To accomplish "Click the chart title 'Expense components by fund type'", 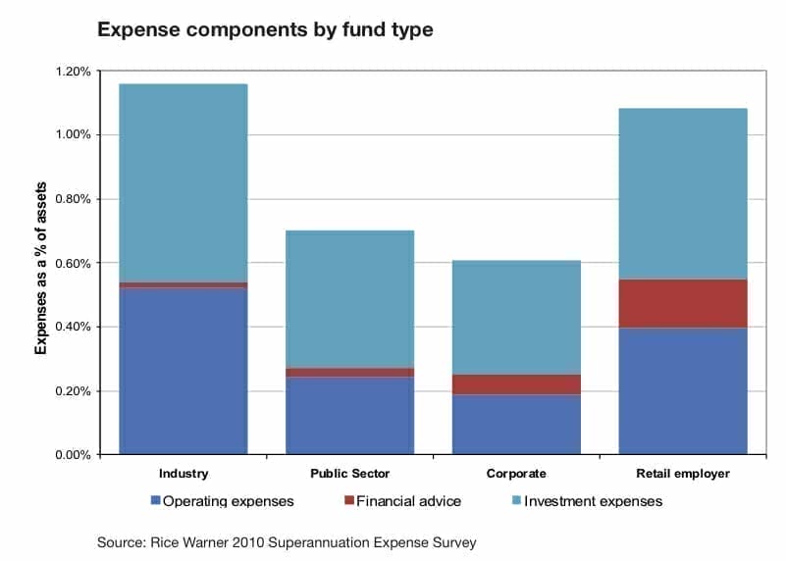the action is click(x=265, y=29).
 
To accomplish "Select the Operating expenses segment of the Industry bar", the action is click(x=183, y=371).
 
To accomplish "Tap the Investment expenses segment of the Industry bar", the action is click(x=183, y=182).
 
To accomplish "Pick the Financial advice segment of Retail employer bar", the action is click(x=683, y=303).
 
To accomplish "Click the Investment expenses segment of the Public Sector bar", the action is click(x=350, y=299).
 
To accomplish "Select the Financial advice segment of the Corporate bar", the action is click(x=516, y=384).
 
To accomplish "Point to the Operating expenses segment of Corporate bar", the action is click(x=516, y=425).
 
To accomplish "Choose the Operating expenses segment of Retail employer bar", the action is click(x=683, y=391).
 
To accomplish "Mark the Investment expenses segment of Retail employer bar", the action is click(x=683, y=193).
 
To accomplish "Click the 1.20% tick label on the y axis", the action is click(x=74, y=72).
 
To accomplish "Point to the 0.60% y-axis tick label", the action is click(x=74, y=263).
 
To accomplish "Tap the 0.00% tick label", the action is click(x=74, y=455).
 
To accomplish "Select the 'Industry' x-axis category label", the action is click(x=183, y=474).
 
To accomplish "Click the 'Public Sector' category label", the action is click(x=350, y=474).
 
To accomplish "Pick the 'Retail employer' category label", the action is click(x=683, y=474).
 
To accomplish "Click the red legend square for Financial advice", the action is click(x=349, y=500).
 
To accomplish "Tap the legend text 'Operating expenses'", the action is click(x=228, y=501).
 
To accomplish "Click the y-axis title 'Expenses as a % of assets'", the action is click(x=40, y=268).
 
